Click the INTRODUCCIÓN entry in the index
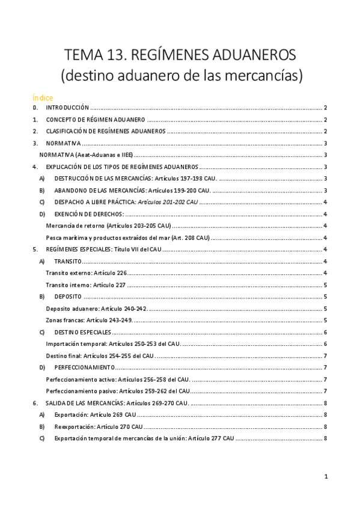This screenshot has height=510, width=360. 67,108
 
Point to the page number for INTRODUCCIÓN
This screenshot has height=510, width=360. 325,108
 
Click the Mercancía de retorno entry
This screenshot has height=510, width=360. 108,226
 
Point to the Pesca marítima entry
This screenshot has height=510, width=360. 127,238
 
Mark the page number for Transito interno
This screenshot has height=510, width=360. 325,285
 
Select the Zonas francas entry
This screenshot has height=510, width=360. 89,320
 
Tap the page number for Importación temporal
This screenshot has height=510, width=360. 325,344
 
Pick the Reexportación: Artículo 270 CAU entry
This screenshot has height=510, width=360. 98,426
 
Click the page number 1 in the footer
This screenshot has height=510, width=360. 325,477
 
